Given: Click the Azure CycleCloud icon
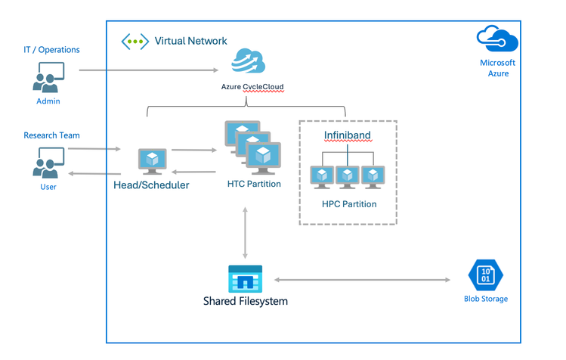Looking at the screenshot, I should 249,61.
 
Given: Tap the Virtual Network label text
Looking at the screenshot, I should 190,41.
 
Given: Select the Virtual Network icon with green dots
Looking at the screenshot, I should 135,41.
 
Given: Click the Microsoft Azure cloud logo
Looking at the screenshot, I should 497,39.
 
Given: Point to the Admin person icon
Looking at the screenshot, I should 48,77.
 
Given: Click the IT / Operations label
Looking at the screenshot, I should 51,50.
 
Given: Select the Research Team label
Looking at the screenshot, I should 51,135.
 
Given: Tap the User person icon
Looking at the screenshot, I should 48,162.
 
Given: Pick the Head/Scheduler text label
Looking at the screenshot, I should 151,185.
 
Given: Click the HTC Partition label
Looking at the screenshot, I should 254,184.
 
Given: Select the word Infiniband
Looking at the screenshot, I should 348,135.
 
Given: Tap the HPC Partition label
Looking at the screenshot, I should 348,203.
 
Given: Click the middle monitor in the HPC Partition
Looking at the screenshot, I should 347,176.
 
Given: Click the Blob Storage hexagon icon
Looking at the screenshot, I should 485,274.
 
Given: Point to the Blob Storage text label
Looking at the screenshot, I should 486,299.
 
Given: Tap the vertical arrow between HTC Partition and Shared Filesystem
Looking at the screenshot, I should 245,231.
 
